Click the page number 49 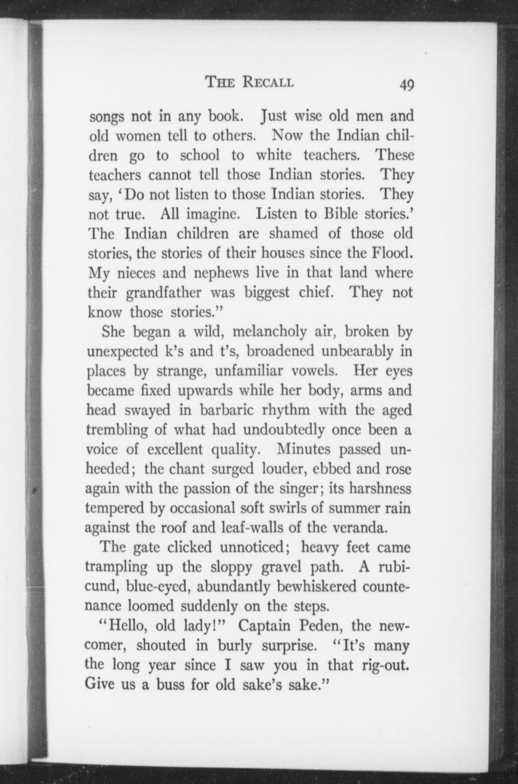(407, 84)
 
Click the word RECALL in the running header (267, 82)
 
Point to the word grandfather (164, 293)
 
